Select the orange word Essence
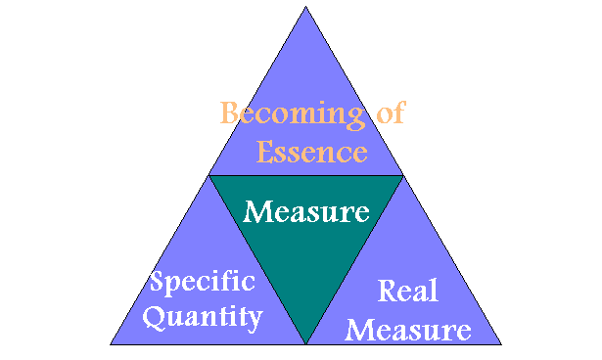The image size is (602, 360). (x=311, y=152)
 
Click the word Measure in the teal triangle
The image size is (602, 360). (x=305, y=210)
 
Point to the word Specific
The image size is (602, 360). (x=202, y=284)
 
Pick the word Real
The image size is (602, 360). (x=407, y=291)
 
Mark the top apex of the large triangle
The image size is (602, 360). (x=306, y=7)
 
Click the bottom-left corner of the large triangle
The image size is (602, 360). (x=112, y=343)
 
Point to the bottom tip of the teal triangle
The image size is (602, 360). (x=306, y=342)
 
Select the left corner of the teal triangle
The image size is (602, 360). (x=210, y=177)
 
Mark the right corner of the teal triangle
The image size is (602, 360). (x=401, y=177)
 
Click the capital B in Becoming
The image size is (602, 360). (x=231, y=112)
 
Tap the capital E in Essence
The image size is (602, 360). (x=264, y=152)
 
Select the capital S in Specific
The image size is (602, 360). (x=158, y=283)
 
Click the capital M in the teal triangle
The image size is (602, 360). (x=256, y=210)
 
